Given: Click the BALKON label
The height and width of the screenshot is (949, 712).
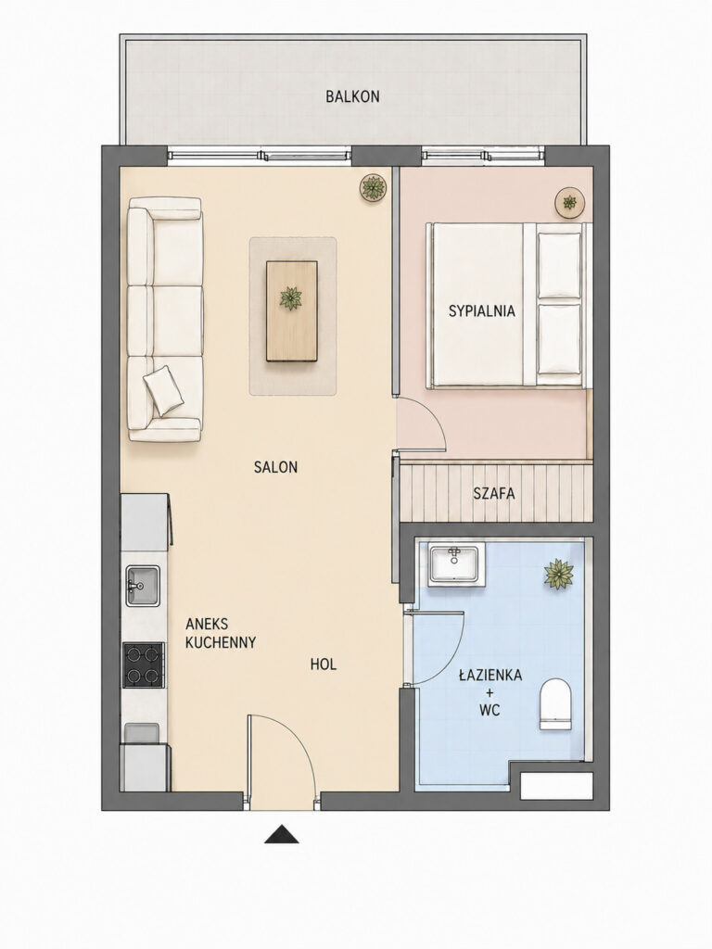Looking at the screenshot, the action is point(352,96).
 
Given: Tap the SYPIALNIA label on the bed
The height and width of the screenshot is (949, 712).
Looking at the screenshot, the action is point(481,311).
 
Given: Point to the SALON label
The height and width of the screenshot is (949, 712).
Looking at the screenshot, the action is point(275,467).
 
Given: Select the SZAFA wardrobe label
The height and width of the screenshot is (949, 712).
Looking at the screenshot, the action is point(494,493).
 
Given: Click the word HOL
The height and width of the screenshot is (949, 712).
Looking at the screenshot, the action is point(324,664).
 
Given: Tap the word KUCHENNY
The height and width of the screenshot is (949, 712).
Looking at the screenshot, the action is point(221,642).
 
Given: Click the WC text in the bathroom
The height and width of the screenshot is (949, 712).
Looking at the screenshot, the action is point(489,710).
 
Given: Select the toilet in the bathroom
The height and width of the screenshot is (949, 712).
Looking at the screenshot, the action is point(555,704).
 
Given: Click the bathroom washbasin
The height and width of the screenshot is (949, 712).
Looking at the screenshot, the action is point(456,564).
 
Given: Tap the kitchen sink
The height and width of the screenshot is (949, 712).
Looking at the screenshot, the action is point(143,586).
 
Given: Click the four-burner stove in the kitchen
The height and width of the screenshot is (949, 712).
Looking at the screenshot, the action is point(144,665).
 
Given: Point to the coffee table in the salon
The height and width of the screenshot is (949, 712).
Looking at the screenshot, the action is point(292,311).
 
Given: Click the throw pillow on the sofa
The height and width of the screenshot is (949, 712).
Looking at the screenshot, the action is point(163,390).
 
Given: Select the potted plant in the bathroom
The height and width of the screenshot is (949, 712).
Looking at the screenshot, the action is point(558,575).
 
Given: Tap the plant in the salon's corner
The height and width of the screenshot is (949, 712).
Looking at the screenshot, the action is point(373,187).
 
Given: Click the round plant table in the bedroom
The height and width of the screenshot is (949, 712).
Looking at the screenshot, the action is point(570,202).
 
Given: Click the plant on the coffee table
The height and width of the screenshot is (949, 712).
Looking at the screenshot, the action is point(291,298).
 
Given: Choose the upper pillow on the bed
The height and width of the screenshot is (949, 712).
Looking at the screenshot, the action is point(559,265).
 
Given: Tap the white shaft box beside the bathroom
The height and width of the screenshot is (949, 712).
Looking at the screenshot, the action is point(556,786).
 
